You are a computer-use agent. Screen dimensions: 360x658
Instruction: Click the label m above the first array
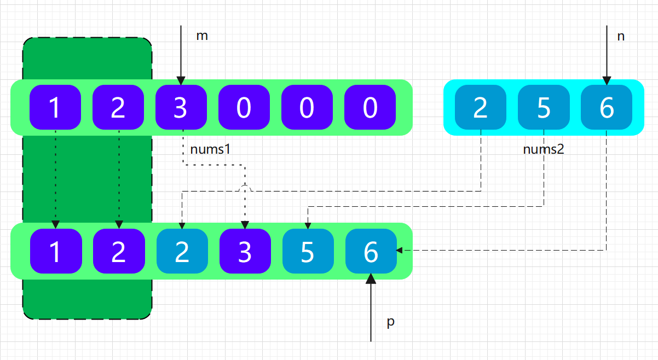pos(202,37)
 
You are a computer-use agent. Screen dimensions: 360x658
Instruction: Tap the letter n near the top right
pos(621,37)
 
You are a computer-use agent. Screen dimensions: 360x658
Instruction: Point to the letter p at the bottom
pos(390,322)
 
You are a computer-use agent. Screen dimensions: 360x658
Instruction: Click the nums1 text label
pos(207,149)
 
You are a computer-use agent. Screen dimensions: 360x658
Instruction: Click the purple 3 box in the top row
pos(181,107)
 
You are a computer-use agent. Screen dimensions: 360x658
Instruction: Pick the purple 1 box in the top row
pos(55,107)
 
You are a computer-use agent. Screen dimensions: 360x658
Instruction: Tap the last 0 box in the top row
pos(370,107)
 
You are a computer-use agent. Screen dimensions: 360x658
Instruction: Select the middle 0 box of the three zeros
pos(307,107)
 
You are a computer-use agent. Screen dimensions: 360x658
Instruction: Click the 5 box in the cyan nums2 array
pos(543,107)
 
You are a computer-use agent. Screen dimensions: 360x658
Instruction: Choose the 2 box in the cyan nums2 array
pos(480,107)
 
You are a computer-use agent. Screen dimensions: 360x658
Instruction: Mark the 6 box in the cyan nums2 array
pos(607,107)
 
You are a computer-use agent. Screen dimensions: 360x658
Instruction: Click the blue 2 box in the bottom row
pos(182,251)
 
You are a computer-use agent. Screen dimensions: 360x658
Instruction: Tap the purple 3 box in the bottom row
pos(245,251)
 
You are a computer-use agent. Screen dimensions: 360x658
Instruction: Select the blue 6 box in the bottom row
pos(371,251)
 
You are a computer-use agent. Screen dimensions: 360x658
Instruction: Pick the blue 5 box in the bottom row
pos(308,251)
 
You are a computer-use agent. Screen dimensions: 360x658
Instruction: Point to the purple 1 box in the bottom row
pos(55,251)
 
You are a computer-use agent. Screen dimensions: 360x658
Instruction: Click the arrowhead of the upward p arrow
pos(371,278)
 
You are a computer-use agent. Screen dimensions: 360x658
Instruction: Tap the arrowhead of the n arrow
pos(607,80)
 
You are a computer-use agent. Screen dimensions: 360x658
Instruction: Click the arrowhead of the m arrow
pos(181,80)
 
